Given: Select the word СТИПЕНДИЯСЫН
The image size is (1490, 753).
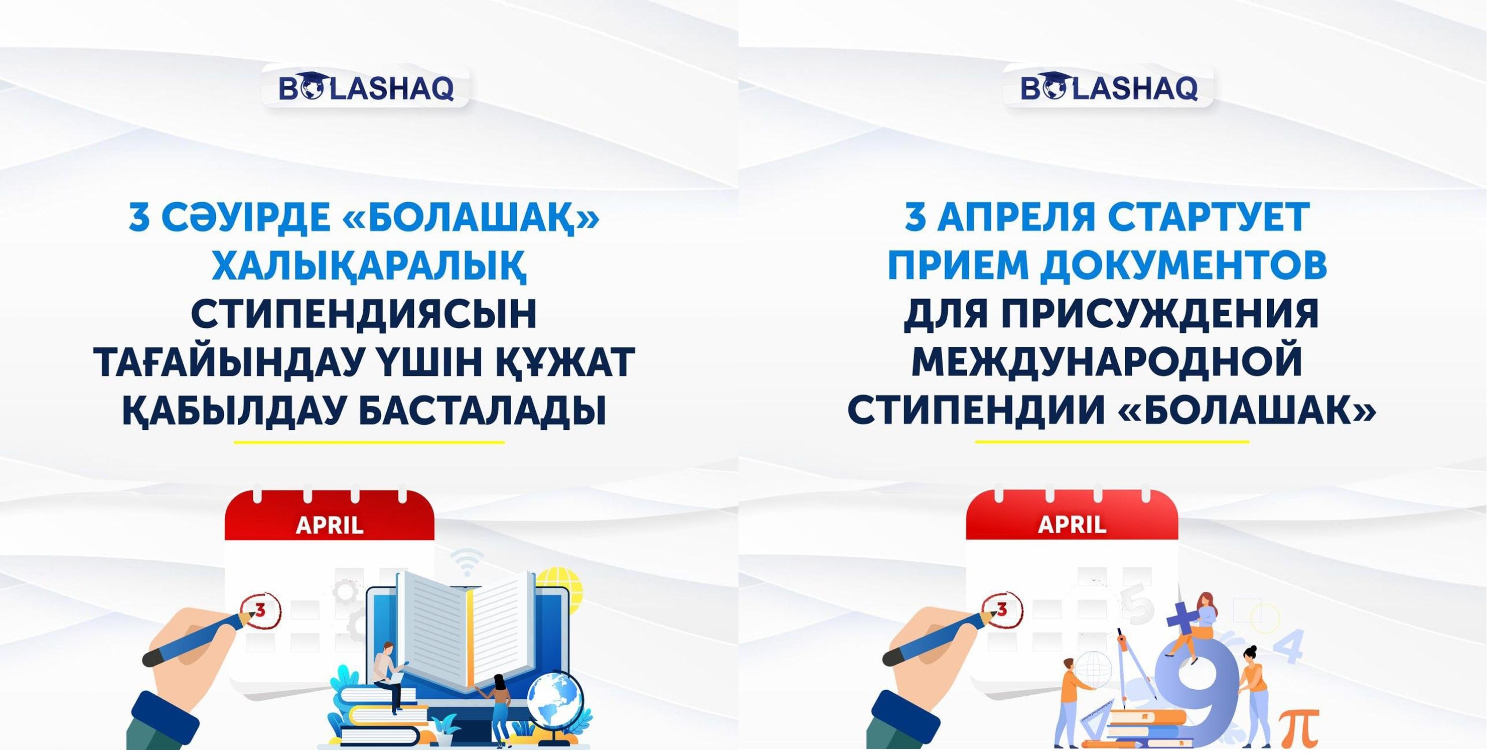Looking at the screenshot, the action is point(364,315).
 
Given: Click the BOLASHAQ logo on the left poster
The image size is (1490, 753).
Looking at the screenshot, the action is point(366,87).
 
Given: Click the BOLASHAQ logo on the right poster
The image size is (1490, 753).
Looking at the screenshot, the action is point(1108,87).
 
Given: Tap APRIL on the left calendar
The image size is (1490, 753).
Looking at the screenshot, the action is point(329,526).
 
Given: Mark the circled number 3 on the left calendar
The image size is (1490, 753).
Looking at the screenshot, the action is point(261,610).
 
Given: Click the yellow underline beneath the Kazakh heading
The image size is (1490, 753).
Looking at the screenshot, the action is point(369,443).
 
